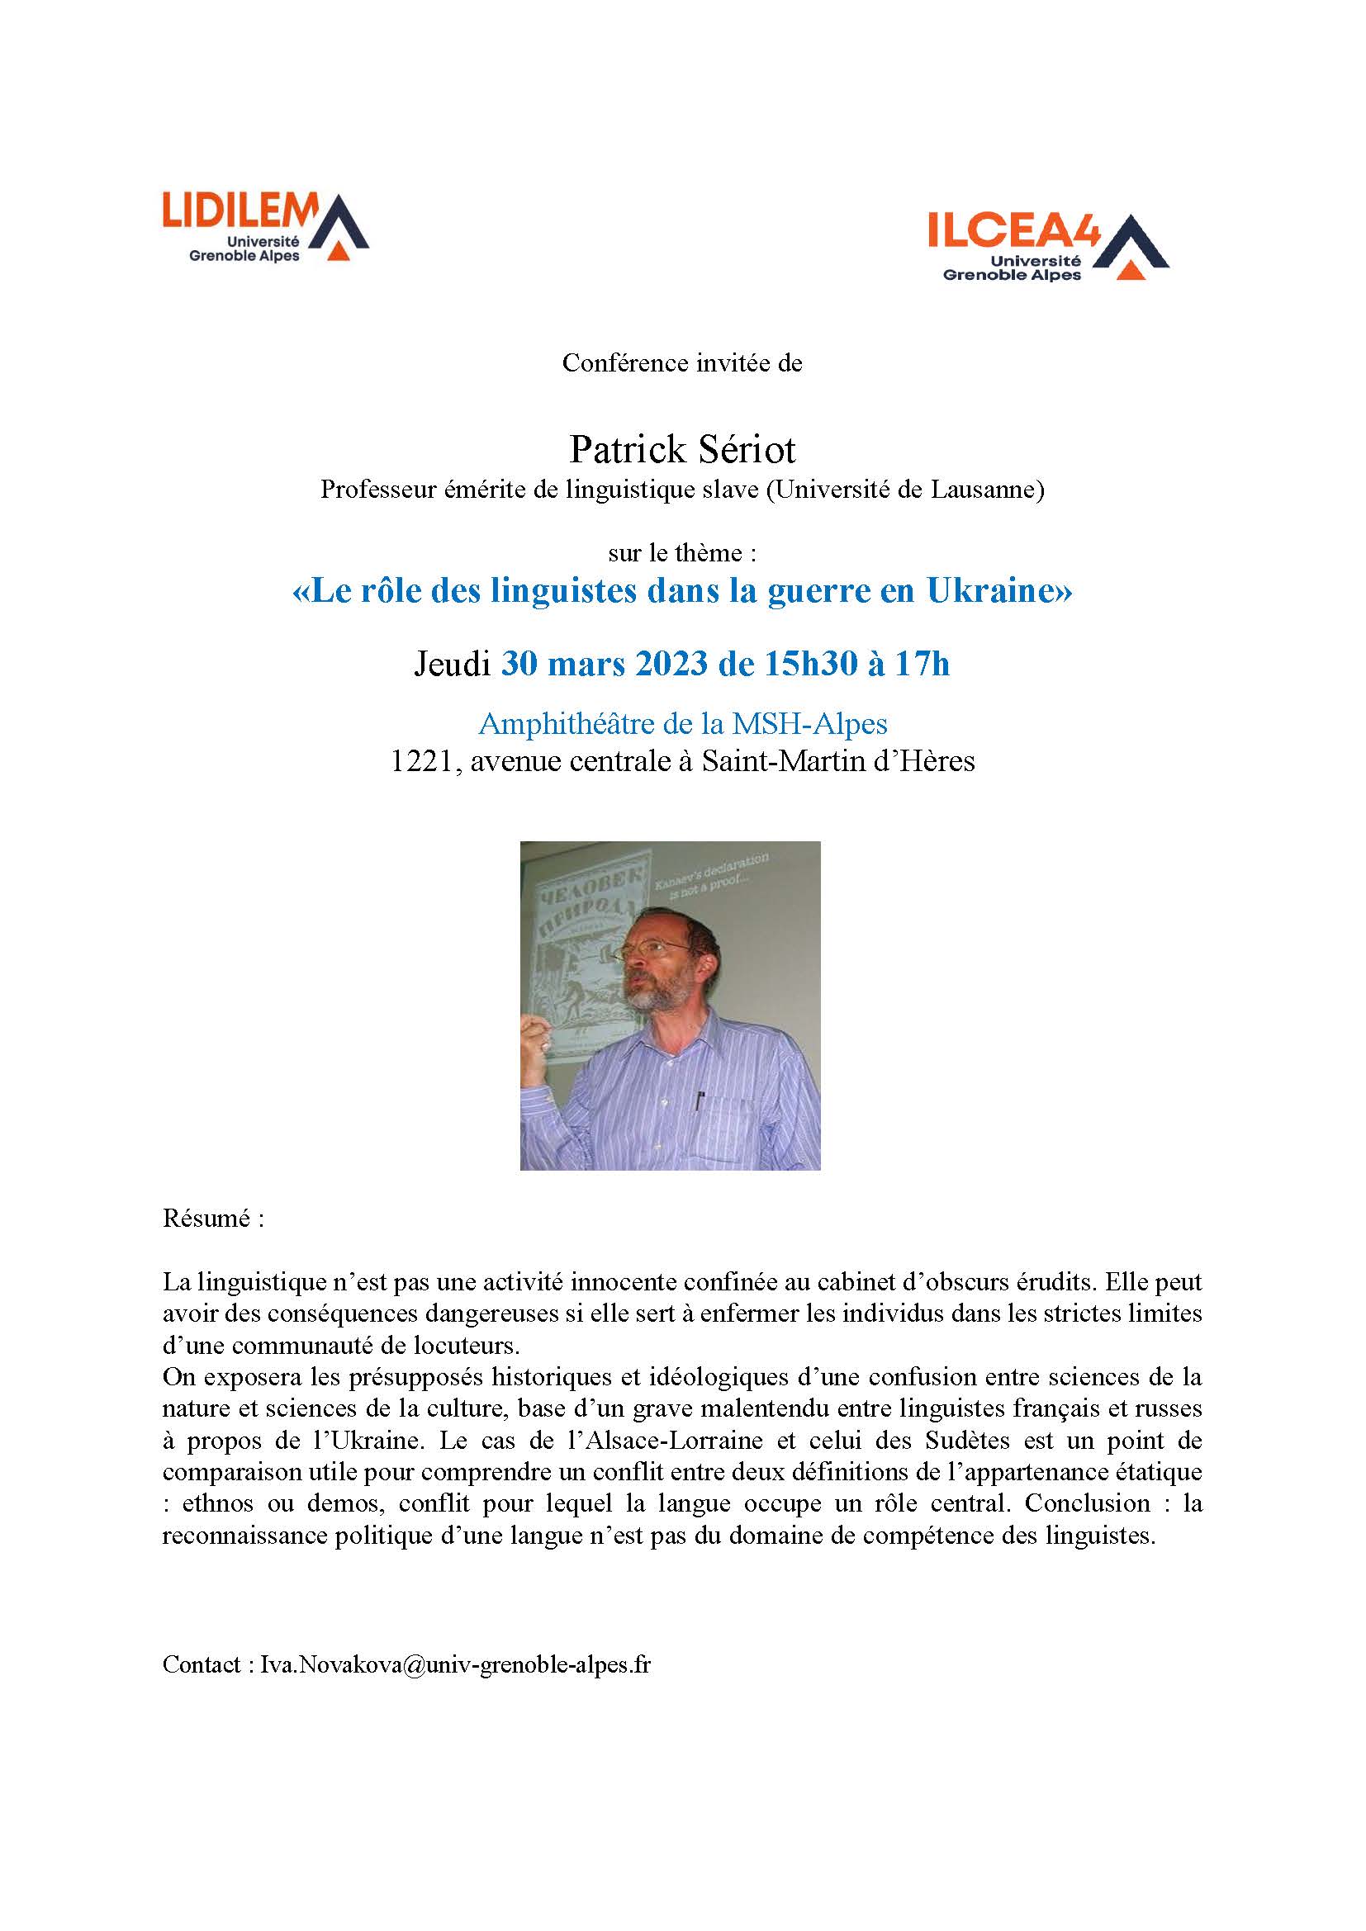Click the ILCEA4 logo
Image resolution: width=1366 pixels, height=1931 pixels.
[1047, 245]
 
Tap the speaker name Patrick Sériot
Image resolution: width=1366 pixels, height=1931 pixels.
[682, 450]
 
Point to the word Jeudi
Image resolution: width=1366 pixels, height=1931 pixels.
[452, 665]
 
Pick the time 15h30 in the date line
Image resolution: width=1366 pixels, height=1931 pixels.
[809, 665]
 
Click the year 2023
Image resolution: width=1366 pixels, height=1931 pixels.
[671, 665]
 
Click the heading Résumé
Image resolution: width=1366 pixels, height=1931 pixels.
[213, 1219]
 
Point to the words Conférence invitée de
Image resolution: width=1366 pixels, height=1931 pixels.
[682, 363]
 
